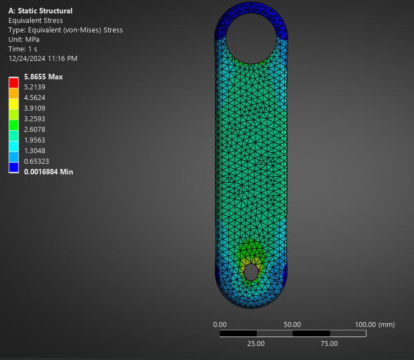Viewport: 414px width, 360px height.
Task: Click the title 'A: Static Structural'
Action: [40, 11]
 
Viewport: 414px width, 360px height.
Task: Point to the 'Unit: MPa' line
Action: [24, 39]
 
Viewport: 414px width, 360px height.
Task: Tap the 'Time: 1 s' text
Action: [23, 49]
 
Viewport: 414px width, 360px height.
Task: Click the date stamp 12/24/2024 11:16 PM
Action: [43, 58]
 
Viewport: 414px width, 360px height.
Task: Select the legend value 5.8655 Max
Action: [43, 77]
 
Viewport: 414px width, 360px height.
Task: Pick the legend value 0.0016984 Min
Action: [48, 172]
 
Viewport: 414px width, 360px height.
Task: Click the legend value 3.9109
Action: [35, 108]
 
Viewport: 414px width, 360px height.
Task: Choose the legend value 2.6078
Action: [35, 129]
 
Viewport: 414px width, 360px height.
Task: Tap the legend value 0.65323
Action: [36, 161]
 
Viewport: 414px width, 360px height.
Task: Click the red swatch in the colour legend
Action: [13, 83]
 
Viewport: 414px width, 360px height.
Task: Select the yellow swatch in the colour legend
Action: [13, 103]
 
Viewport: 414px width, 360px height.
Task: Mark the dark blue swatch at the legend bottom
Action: [13, 167]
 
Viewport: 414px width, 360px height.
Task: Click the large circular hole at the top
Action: [251, 38]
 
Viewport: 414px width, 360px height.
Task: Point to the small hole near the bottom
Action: [251, 272]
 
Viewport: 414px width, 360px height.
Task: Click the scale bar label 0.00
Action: [220, 324]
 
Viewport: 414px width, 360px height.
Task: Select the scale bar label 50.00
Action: [293, 324]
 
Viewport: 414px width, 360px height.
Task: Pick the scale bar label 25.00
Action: [256, 343]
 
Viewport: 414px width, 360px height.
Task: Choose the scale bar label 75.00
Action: [329, 343]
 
